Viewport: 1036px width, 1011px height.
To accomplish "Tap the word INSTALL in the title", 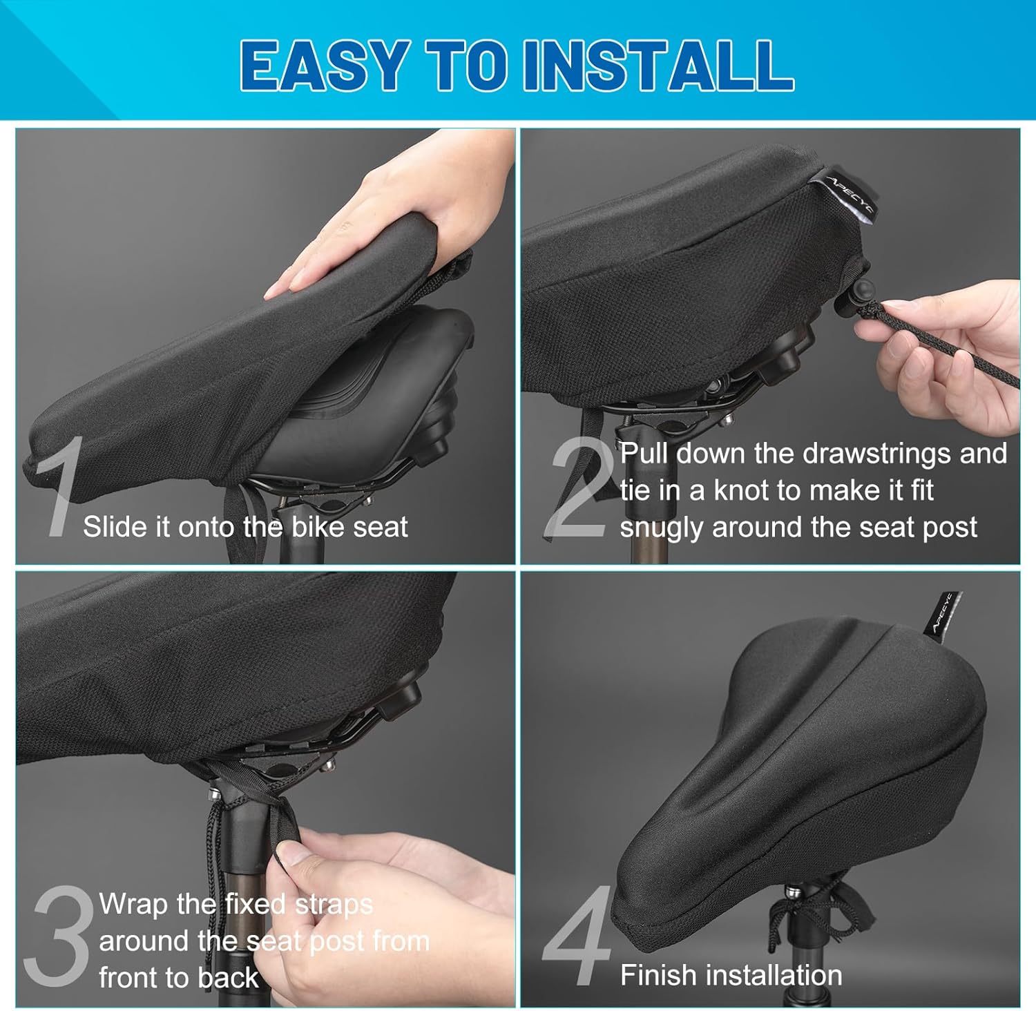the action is pyautogui.click(x=658, y=65).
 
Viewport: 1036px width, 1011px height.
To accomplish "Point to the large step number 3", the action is pyautogui.click(x=58, y=936).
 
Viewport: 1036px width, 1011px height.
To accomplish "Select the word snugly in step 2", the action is pyautogui.click(x=662, y=528).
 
